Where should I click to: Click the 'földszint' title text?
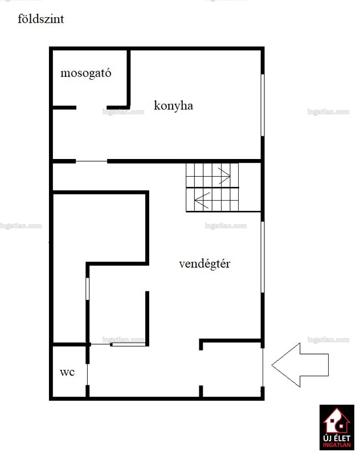40,19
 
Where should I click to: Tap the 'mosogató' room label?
85,73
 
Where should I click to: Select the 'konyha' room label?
173,105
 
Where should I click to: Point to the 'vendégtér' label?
204,264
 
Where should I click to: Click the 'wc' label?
67,372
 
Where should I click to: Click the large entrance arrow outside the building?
300,365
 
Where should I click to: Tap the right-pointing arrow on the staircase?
224,176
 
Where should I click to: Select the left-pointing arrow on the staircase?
202,200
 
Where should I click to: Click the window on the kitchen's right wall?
263,105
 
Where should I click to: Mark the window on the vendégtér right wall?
263,257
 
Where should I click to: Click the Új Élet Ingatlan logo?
337,427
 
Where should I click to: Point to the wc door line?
88,374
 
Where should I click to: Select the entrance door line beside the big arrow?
263,367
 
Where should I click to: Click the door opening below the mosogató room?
92,108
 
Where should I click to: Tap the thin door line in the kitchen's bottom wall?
92,161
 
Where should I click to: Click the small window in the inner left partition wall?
88,289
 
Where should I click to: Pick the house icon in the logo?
337,421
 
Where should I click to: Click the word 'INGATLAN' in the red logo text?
337,445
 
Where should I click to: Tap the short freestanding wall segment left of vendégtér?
147,319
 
